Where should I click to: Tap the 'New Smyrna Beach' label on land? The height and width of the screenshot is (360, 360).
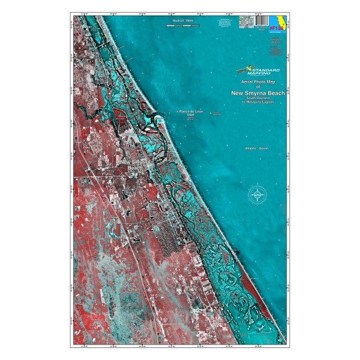pos(137,165)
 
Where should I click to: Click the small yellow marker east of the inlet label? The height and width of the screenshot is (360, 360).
pos(211,112)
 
